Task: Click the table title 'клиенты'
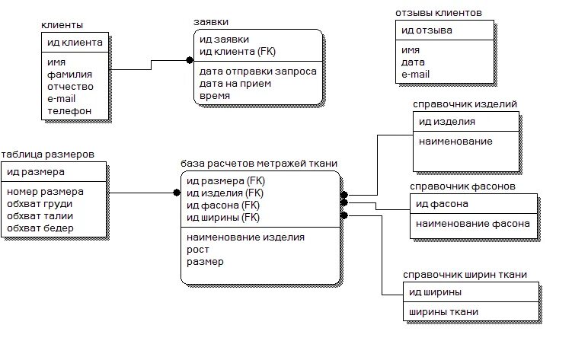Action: coord(62,26)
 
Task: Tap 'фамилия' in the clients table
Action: coord(69,75)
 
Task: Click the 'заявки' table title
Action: coord(211,22)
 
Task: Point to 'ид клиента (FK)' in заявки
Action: coord(237,51)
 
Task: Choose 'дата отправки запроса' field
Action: coord(257,72)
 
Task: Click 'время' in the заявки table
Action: coord(215,96)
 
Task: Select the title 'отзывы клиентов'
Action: coord(438,14)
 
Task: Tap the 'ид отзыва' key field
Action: coord(427,30)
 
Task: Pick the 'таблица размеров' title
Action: coord(48,154)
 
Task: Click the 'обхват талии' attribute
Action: coord(40,216)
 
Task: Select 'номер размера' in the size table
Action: coord(45,192)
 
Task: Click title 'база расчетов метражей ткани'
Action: coord(259,163)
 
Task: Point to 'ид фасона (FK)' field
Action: coord(223,205)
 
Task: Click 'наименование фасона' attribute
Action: coord(472,224)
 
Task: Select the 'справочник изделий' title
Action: coord(465,104)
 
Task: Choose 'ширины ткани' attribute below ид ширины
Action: coord(443,312)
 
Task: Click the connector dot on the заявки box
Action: coord(190,59)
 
